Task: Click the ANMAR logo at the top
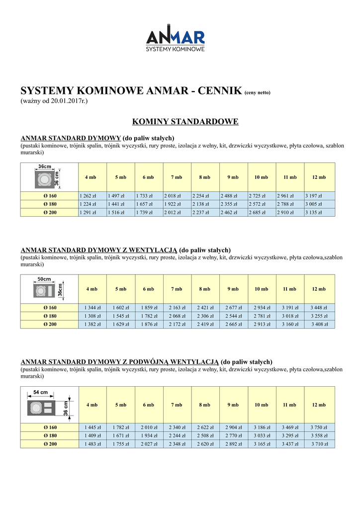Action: click(175, 39)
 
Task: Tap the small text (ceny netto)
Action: click(257, 93)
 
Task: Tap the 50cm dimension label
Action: click(45, 279)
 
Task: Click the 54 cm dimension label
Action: click(40, 392)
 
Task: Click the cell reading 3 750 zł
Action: click(319, 427)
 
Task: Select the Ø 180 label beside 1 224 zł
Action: click(50, 204)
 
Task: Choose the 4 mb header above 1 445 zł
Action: click(92, 405)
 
